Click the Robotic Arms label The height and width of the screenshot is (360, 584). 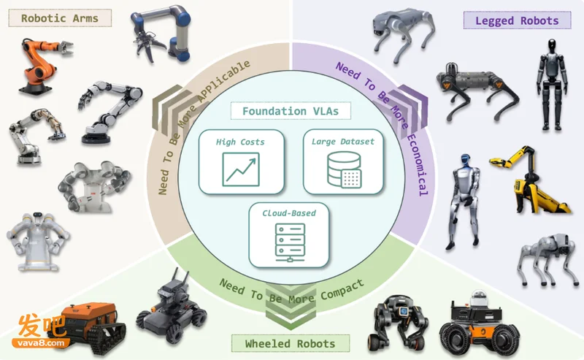[x=60, y=18]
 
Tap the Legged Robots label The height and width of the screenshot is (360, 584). [x=517, y=20]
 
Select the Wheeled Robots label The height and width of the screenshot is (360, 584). [x=290, y=344]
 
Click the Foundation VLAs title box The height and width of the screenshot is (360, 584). [x=291, y=111]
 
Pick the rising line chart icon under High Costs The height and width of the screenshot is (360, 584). [x=241, y=169]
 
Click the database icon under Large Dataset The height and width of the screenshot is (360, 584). [x=344, y=169]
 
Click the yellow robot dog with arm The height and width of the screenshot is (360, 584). [x=529, y=180]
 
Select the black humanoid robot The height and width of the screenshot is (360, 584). [x=552, y=85]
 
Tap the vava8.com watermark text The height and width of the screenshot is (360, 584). [x=40, y=343]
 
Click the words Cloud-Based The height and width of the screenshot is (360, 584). [x=289, y=213]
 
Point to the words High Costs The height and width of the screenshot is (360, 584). [x=240, y=142]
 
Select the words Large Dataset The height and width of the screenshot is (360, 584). [x=343, y=142]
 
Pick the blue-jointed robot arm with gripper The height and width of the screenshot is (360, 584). [x=161, y=34]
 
